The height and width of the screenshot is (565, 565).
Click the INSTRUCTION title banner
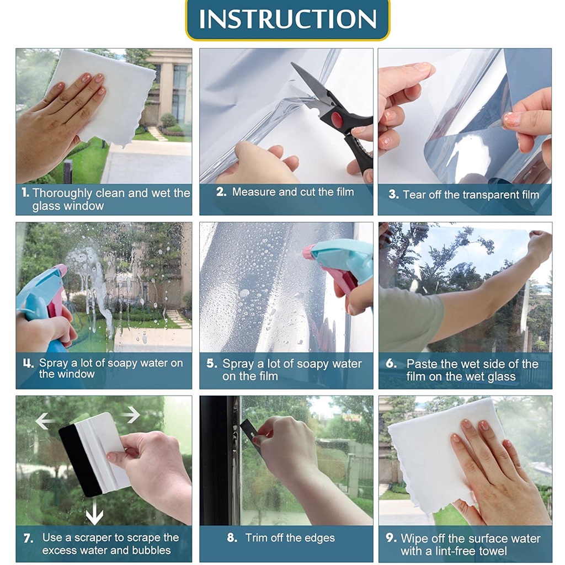287,19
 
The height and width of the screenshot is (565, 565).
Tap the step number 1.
25,193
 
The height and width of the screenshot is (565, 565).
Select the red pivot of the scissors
337,119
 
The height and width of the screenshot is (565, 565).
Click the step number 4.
28,363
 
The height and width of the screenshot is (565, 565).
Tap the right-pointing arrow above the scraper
130,414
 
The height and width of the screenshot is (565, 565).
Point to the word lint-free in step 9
455,551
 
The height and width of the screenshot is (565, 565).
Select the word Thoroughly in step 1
62,194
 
